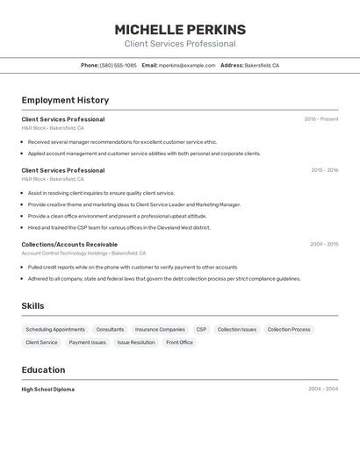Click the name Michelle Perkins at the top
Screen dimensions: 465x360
click(x=179, y=29)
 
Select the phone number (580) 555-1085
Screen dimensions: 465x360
click(x=118, y=65)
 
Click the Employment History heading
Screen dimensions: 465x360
click(x=65, y=100)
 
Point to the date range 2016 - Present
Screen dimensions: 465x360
click(x=321, y=119)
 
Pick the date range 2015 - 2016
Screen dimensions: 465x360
click(x=324, y=170)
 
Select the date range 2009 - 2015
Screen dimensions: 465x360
click(x=324, y=245)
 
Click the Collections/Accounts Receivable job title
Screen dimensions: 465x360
click(x=69, y=245)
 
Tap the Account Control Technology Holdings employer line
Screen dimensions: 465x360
click(x=83, y=254)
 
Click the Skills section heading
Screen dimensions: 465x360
click(x=32, y=306)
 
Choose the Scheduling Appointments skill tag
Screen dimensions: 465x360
click(x=55, y=330)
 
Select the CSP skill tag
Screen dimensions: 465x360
click(x=201, y=330)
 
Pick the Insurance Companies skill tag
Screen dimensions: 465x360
click(x=160, y=330)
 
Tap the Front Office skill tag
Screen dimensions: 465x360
click(x=179, y=342)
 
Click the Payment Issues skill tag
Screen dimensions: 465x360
click(x=87, y=342)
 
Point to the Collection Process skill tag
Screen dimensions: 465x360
click(x=289, y=330)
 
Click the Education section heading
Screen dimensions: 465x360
click(x=43, y=370)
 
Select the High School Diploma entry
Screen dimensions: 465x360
click(x=48, y=390)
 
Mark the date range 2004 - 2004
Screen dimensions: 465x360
click(x=323, y=390)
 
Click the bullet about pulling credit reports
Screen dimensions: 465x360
click(x=132, y=267)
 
